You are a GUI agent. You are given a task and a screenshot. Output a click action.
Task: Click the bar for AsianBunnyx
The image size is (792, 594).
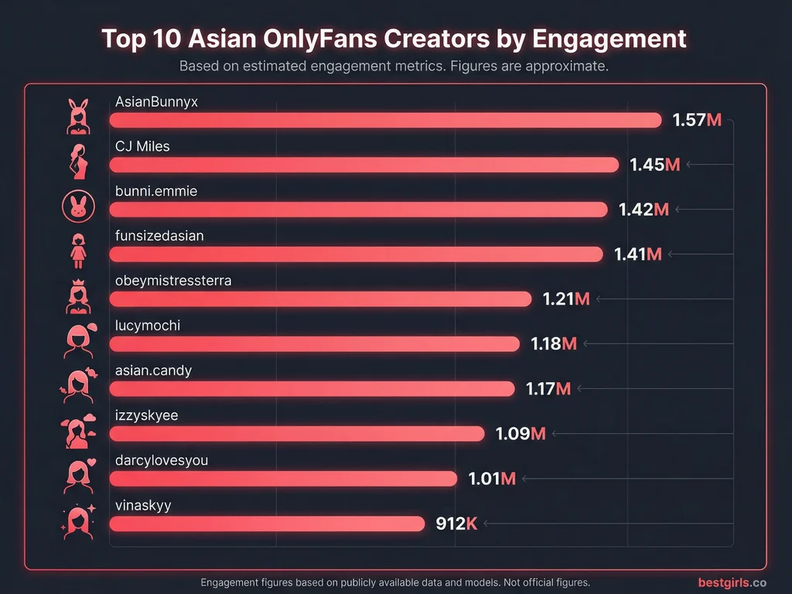[385, 120]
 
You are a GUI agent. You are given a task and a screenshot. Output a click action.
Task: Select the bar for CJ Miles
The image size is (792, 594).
[364, 165]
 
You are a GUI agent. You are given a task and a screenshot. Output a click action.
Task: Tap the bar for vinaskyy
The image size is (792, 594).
[267, 524]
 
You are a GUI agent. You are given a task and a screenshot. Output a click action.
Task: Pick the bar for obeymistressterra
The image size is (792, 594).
[320, 299]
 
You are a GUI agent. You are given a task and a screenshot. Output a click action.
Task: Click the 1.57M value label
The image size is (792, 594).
[697, 120]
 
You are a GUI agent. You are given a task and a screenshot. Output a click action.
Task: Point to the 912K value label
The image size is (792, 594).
[456, 524]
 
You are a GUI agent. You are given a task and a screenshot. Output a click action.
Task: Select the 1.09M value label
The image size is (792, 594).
[521, 434]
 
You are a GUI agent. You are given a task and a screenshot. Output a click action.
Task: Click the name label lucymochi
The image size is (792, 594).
[147, 326]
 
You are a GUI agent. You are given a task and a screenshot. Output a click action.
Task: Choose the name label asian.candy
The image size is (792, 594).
[153, 370]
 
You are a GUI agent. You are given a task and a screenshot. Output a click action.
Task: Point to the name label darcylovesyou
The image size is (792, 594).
[161, 460]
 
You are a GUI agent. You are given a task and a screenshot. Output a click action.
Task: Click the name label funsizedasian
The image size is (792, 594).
[159, 236]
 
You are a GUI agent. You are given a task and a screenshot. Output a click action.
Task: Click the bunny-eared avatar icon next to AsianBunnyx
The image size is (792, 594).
[77, 115]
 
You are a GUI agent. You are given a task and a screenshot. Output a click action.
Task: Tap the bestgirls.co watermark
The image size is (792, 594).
[732, 582]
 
